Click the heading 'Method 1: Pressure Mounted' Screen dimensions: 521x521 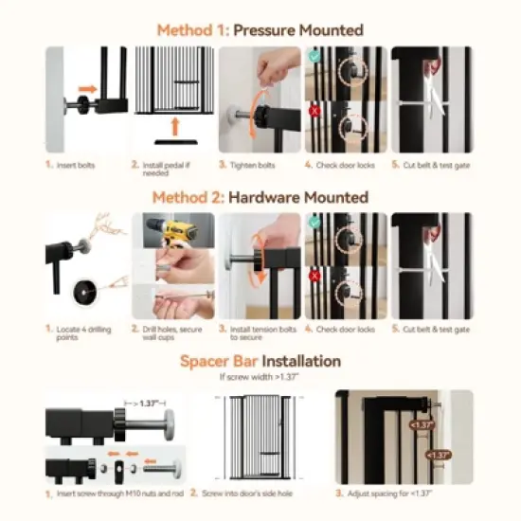[x=260, y=30]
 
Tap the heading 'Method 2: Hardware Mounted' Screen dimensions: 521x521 [x=260, y=197]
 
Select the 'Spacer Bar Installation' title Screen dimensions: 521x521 [x=260, y=361]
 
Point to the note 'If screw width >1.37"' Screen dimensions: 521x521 [x=260, y=377]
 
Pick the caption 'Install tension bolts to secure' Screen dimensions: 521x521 [x=261, y=333]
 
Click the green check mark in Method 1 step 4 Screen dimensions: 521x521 [x=314, y=56]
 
